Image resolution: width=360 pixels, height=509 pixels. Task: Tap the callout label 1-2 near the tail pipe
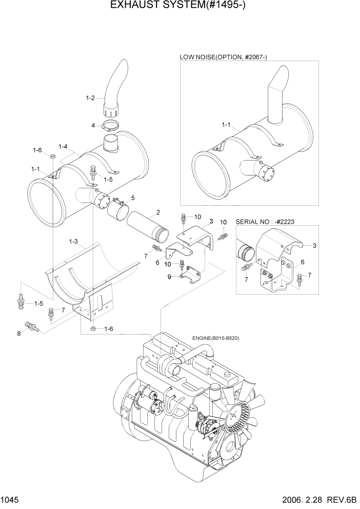pos(90,97)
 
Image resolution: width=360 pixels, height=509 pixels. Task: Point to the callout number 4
pos(93,125)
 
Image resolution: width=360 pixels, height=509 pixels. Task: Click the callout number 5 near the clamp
pos(133,198)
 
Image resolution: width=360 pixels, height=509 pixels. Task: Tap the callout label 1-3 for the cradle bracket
pos(73,241)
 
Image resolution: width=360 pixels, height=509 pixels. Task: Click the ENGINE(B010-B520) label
pos(216,338)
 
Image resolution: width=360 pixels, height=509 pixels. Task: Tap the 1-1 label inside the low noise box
pos(226,125)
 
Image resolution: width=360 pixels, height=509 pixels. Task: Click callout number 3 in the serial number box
pos(314,245)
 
